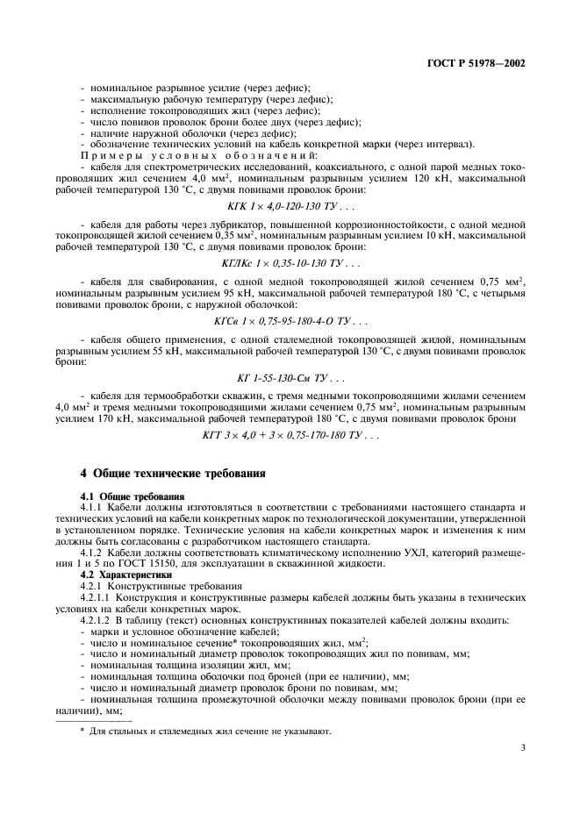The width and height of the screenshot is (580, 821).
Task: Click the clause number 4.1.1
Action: click(x=92, y=508)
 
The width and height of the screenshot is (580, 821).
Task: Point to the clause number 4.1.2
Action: click(x=92, y=554)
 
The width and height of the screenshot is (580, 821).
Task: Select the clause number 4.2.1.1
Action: click(x=97, y=599)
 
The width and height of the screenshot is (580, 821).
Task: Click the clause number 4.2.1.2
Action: click(x=97, y=622)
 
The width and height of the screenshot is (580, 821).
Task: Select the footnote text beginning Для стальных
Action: click(x=211, y=731)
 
